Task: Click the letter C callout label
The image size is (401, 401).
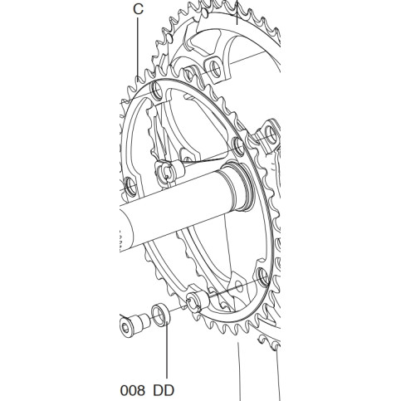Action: (x=138, y=9)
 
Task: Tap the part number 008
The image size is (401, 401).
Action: (x=133, y=390)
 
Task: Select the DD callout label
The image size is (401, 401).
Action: (x=164, y=390)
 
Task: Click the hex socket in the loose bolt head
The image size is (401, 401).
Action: (x=125, y=328)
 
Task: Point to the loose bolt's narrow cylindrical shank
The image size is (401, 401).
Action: (x=144, y=321)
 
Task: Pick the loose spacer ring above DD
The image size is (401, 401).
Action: (x=160, y=314)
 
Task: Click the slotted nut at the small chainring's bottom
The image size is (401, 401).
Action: (x=197, y=301)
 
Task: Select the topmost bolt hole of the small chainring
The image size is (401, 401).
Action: (x=157, y=90)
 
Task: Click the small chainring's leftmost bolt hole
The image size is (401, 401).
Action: (x=130, y=186)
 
